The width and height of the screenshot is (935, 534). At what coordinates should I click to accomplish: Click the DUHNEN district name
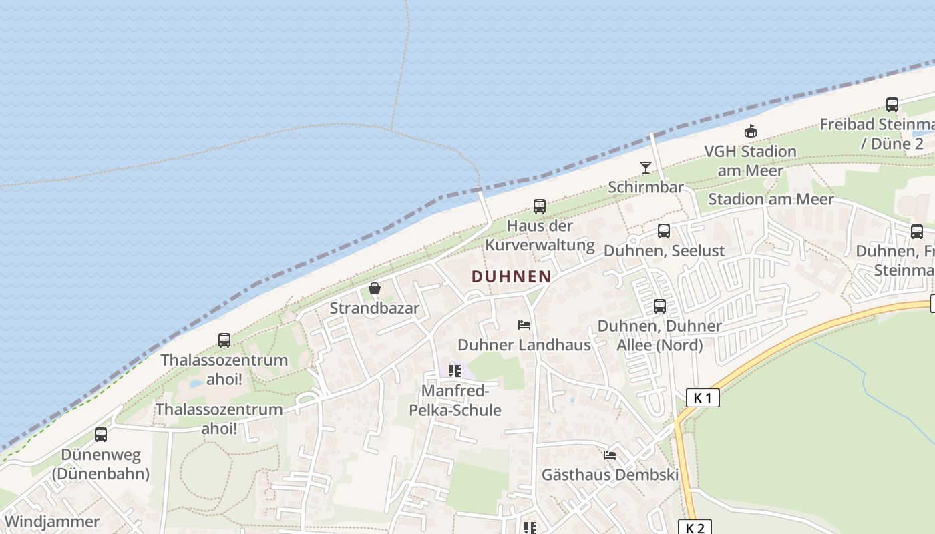(512, 276)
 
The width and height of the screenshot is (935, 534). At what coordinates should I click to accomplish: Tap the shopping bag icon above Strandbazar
(375, 288)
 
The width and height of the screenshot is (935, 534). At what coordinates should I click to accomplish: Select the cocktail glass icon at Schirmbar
(646, 167)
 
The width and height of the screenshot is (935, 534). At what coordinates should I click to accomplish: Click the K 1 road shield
(703, 398)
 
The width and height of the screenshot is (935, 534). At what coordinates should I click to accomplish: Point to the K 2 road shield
(695, 528)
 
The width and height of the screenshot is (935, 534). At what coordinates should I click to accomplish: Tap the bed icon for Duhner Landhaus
(524, 325)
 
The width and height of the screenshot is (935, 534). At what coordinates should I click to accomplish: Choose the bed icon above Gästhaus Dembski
(610, 455)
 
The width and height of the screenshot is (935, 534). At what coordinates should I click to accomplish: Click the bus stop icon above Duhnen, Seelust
(664, 231)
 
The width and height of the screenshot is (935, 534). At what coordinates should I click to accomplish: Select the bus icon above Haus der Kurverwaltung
(540, 206)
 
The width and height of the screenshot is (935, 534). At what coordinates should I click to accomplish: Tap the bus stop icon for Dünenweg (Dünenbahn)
(101, 435)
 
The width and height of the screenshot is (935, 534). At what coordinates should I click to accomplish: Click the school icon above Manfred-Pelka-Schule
(455, 370)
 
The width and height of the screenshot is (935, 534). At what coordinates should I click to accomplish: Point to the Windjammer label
(51, 522)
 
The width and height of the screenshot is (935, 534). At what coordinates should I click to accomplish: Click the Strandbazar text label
(375, 308)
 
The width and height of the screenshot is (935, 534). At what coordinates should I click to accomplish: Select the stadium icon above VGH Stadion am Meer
(751, 131)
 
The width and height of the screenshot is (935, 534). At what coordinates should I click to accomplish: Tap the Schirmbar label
(646, 187)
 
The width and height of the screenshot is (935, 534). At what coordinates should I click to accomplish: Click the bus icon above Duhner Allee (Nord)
(660, 306)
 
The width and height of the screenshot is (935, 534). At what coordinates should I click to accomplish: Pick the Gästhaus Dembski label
(610, 475)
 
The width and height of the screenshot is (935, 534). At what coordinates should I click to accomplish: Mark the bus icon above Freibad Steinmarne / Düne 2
(892, 105)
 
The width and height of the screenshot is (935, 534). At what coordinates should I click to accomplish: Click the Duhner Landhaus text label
(524, 345)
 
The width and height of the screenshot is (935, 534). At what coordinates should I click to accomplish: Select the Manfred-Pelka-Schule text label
(461, 400)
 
